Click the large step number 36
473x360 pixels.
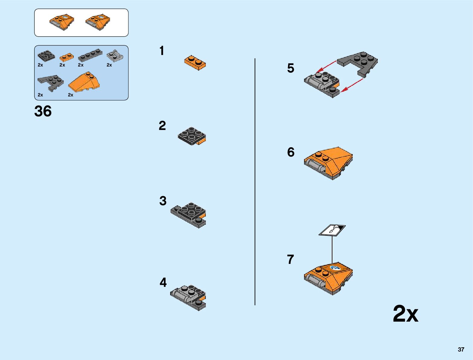coord(43,111)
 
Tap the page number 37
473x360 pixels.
coord(461,349)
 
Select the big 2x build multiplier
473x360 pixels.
coord(405,314)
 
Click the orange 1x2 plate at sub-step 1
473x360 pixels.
coord(195,63)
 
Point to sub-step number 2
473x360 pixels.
coord(162,125)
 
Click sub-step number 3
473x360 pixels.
coord(163,201)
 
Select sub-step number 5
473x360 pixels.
coord(290,68)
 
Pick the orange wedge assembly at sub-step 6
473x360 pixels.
coord(329,163)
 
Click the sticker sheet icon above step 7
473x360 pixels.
coord(332,230)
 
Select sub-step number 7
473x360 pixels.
coord(290,259)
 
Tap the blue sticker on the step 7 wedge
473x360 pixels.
coord(335,268)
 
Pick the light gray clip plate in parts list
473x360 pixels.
coord(115,56)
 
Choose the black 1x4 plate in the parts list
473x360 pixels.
coord(90,56)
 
